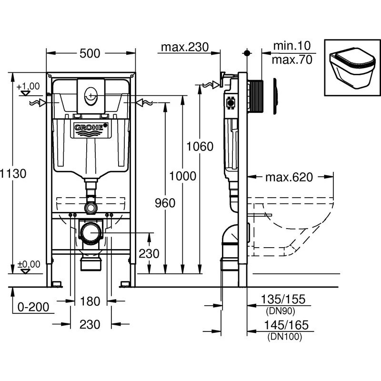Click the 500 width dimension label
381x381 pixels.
(x=90, y=53)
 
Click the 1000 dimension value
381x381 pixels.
(x=183, y=176)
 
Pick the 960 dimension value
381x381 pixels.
(x=165, y=203)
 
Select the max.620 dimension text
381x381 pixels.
(x=289, y=178)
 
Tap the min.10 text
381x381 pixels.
(x=291, y=46)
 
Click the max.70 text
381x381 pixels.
(x=291, y=60)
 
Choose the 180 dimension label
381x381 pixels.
(x=90, y=301)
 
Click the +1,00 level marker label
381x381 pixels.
(x=28, y=86)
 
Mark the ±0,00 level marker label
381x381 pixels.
(x=28, y=264)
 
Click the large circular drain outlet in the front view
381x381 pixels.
(x=90, y=233)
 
